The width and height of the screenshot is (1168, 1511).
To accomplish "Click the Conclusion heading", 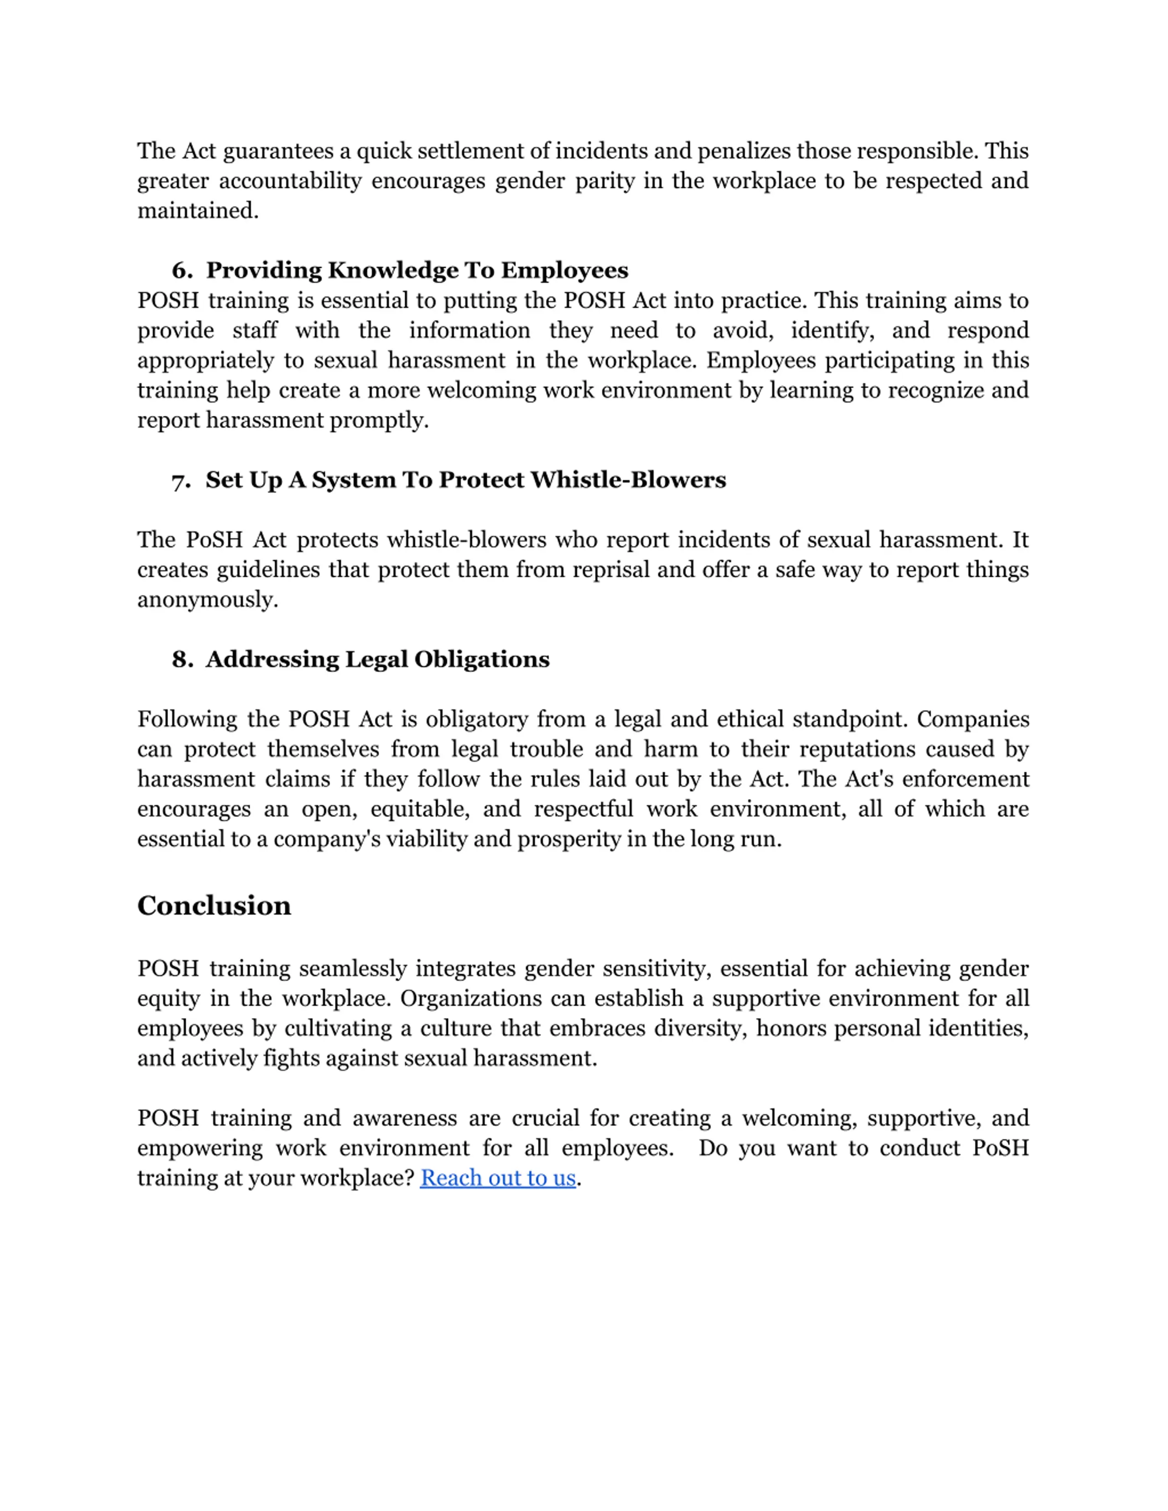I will point(214,906).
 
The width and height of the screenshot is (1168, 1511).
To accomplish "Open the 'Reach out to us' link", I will point(497,1178).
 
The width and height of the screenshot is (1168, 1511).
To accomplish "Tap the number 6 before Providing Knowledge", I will point(181,270).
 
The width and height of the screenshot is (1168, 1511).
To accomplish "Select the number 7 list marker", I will point(181,480).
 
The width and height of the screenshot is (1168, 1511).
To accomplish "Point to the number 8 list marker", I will point(181,659).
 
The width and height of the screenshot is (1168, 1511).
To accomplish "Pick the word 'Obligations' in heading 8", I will point(482,659).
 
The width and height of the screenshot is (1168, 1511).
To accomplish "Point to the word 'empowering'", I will point(199,1148).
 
